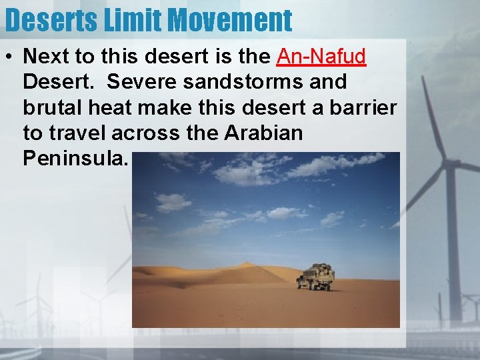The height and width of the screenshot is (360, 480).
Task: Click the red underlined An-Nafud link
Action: coord(321,57)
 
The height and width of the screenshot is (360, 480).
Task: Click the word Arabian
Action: coord(263,133)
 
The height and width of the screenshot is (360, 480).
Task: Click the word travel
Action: coord(77,133)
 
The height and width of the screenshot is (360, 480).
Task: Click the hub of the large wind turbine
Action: coord(448,163)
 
